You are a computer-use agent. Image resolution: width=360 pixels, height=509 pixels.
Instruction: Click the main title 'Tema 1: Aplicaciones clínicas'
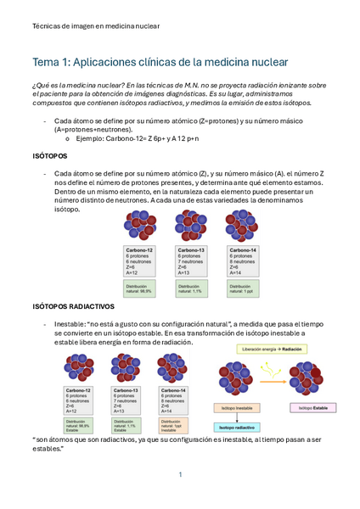point(160,63)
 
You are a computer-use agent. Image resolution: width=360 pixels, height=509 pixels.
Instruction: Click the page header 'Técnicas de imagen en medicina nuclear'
point(95,26)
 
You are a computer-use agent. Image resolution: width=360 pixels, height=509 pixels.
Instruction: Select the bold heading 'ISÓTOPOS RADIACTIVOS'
point(73,305)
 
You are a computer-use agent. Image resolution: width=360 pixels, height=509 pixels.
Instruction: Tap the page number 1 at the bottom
point(180,474)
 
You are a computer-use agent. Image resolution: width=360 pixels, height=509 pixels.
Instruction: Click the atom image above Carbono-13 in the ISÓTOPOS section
point(191,227)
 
